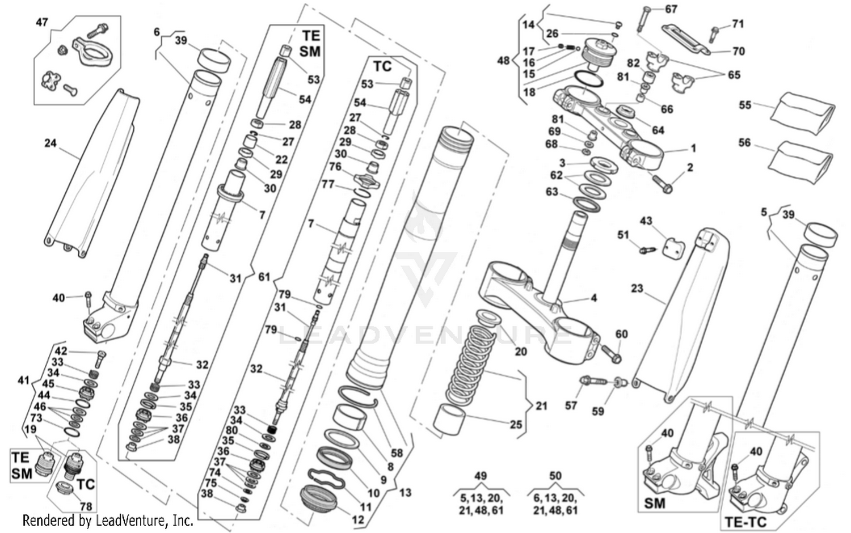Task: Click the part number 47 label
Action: coord(42,22)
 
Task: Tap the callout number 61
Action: coord(264,277)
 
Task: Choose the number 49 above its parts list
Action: coord(480,476)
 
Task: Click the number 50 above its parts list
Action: coord(555,476)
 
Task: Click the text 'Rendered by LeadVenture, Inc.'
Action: coord(108,520)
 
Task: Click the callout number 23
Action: coord(637,288)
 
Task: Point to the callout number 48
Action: coord(503,60)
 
